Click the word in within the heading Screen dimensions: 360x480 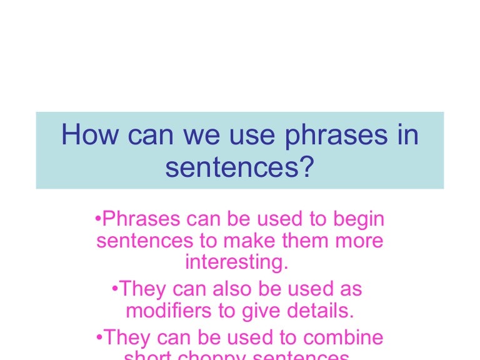(406, 136)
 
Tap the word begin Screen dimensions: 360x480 (359, 220)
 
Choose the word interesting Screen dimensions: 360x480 (237, 262)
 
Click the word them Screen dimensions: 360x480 (313, 241)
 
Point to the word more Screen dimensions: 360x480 (362, 241)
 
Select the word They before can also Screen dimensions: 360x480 (144, 289)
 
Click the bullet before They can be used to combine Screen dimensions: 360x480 (100, 337)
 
